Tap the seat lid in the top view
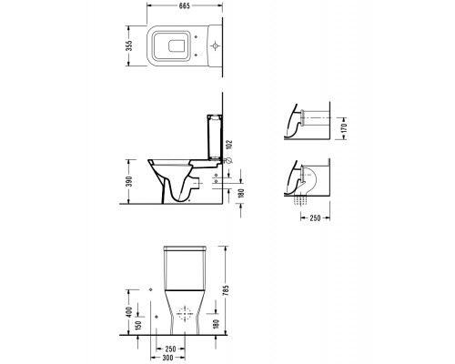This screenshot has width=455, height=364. tap(173, 45)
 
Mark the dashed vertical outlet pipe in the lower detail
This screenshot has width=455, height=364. tap(299, 197)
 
